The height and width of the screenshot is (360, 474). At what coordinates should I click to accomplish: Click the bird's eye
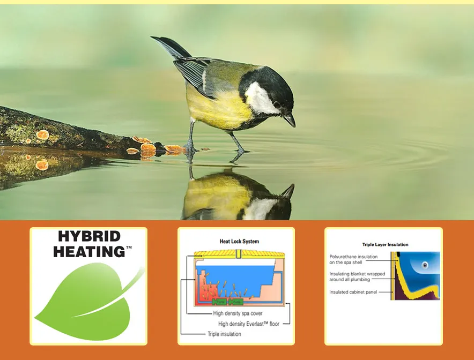point(277,104)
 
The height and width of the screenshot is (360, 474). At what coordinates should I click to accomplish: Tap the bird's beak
point(290,119)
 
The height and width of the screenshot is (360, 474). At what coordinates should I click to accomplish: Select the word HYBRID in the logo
point(90,236)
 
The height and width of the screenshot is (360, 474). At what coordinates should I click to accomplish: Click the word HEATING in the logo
point(89,252)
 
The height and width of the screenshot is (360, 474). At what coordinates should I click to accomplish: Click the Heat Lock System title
point(239,241)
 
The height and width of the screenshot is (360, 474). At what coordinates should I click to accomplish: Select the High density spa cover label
point(238,313)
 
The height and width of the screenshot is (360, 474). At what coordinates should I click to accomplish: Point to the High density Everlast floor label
point(248,324)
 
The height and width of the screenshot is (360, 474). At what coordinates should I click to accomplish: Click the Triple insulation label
point(224,334)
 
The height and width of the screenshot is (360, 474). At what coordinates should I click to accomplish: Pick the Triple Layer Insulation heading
point(385,245)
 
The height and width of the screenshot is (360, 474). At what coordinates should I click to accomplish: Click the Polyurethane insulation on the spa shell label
point(353,259)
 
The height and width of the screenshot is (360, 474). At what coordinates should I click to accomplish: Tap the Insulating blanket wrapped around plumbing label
point(357,276)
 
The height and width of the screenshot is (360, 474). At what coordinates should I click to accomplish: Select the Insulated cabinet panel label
point(353,292)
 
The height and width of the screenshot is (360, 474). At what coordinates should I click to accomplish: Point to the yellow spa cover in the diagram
point(239,254)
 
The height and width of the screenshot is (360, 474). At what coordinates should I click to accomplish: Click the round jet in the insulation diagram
point(425,265)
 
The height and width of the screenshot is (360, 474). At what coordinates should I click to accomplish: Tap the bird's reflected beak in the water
point(288,191)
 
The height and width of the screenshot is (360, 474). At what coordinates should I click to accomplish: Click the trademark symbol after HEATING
point(129,247)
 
